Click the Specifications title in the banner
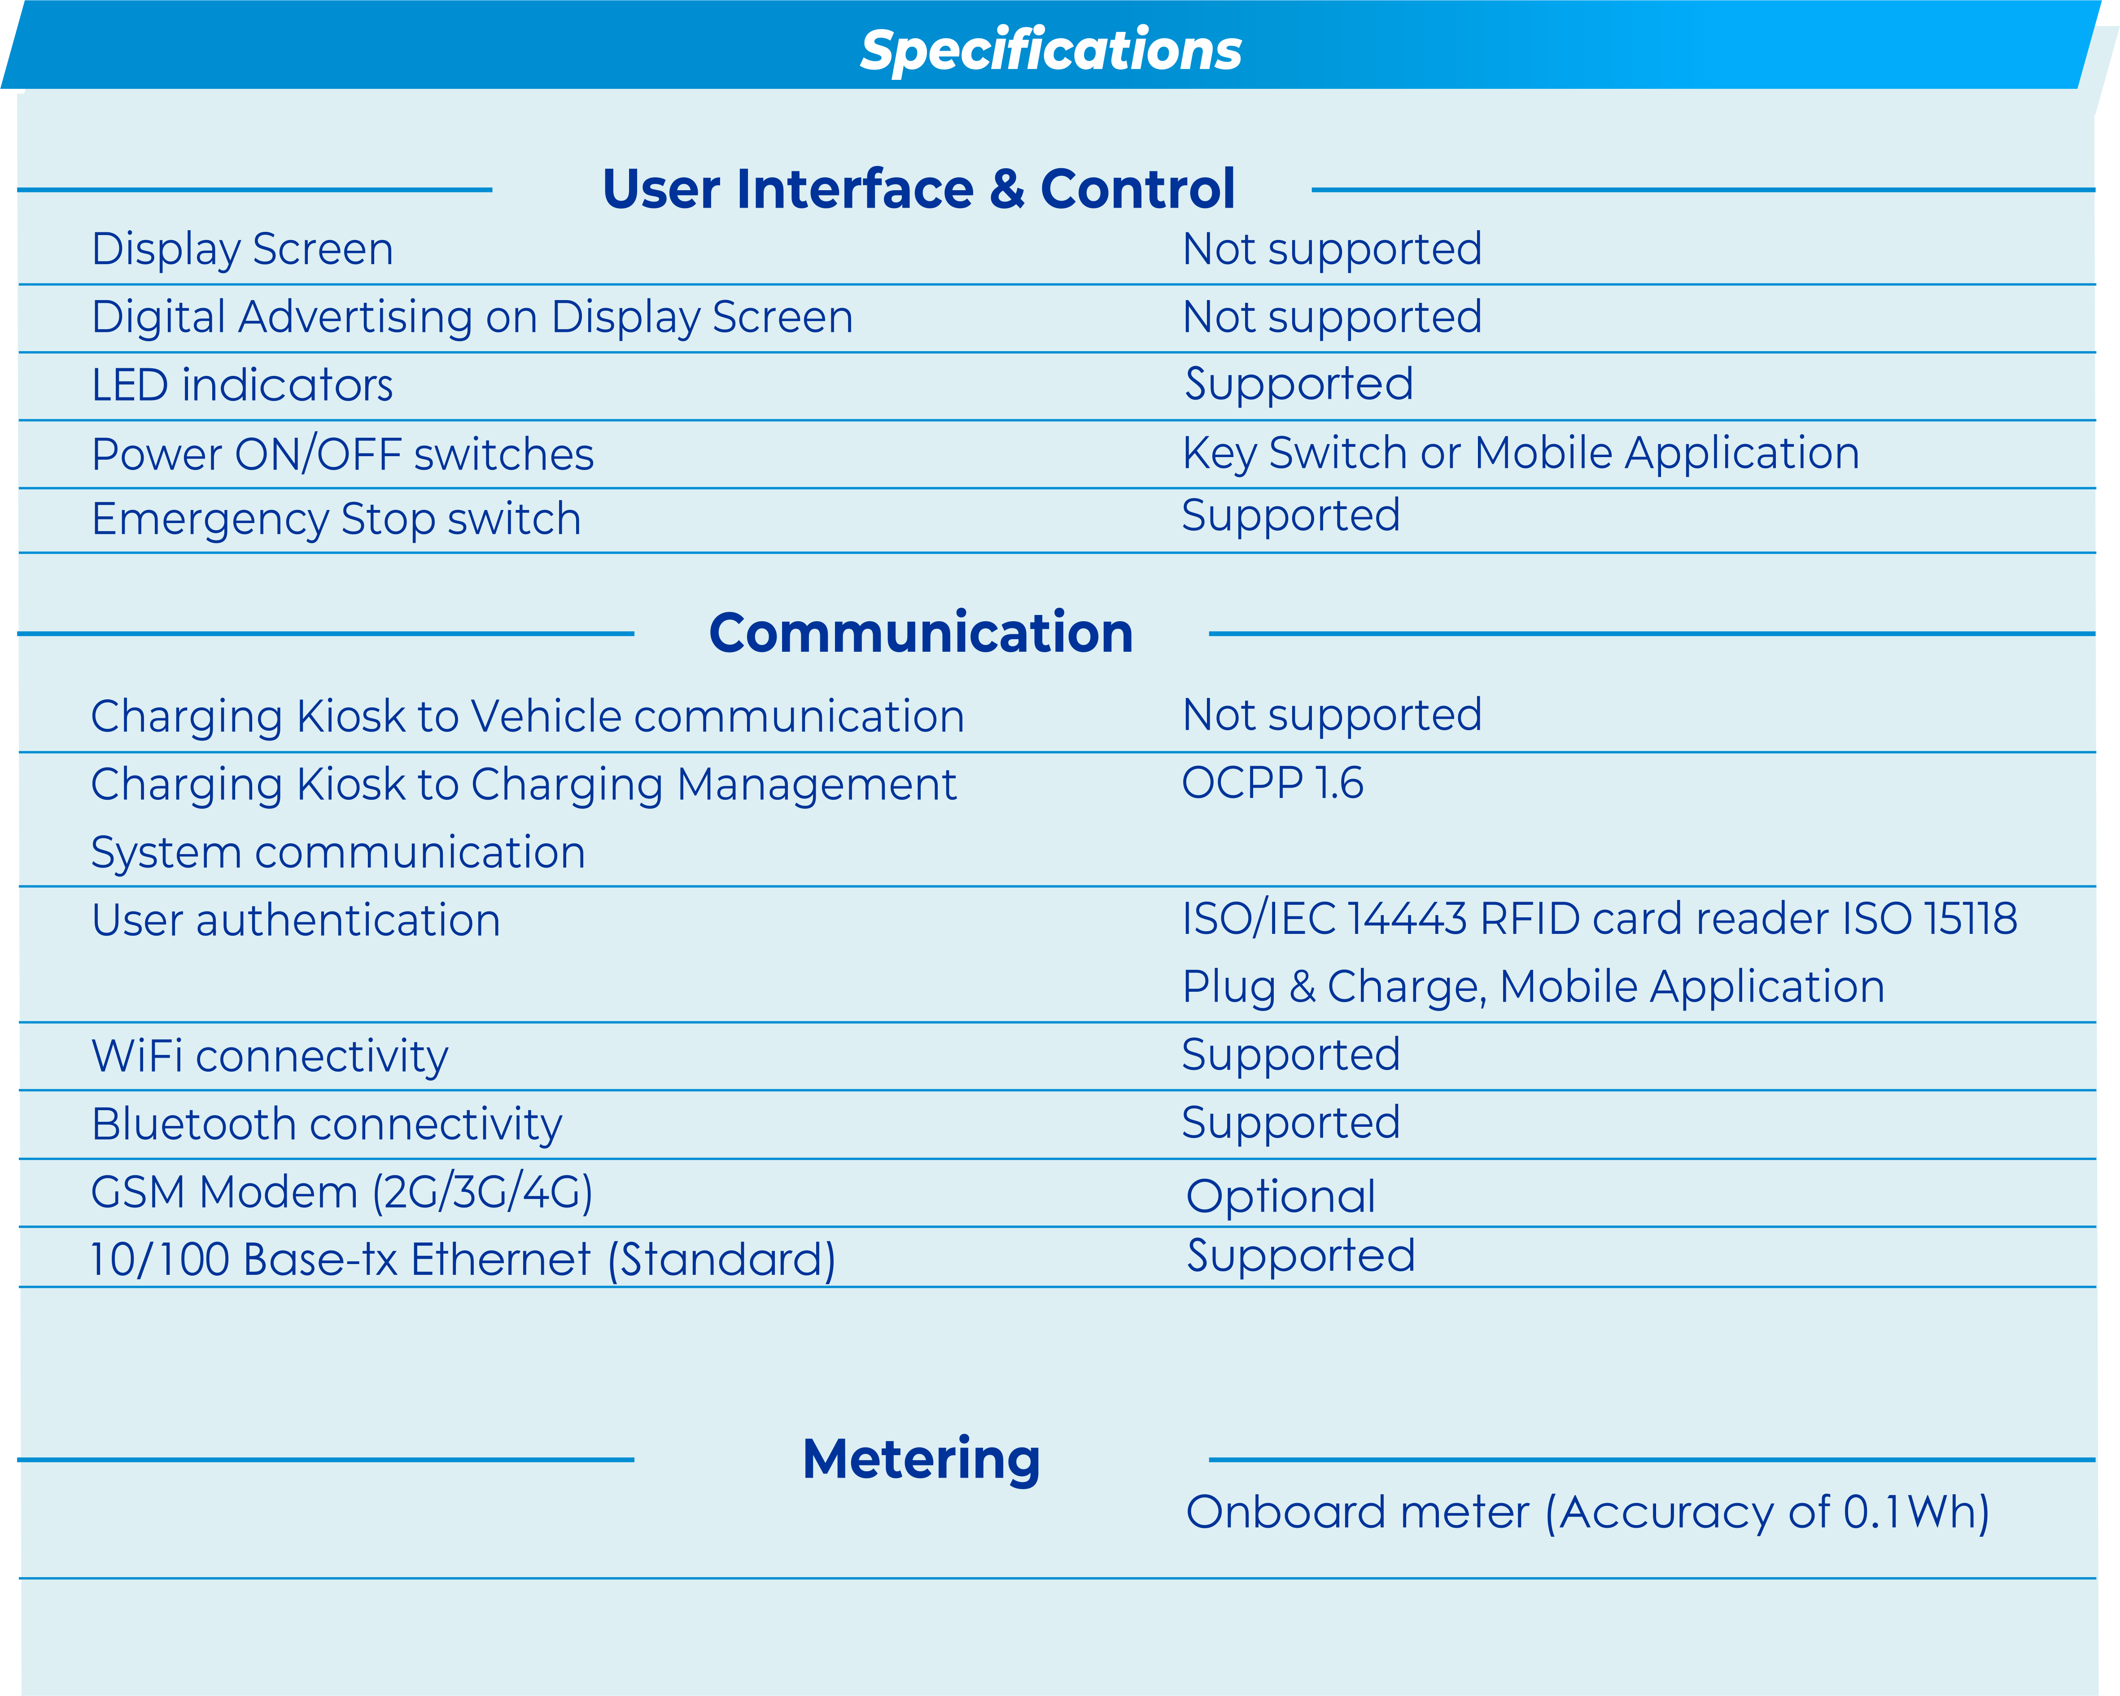[x=1050, y=50]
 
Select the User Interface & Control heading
[x=918, y=189]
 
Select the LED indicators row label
[x=242, y=384]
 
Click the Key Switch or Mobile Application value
[x=1520, y=453]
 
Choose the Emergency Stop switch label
[x=337, y=519]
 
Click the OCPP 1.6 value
[x=1272, y=783]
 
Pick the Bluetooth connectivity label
[x=327, y=1124]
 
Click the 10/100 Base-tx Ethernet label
[x=462, y=1260]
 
